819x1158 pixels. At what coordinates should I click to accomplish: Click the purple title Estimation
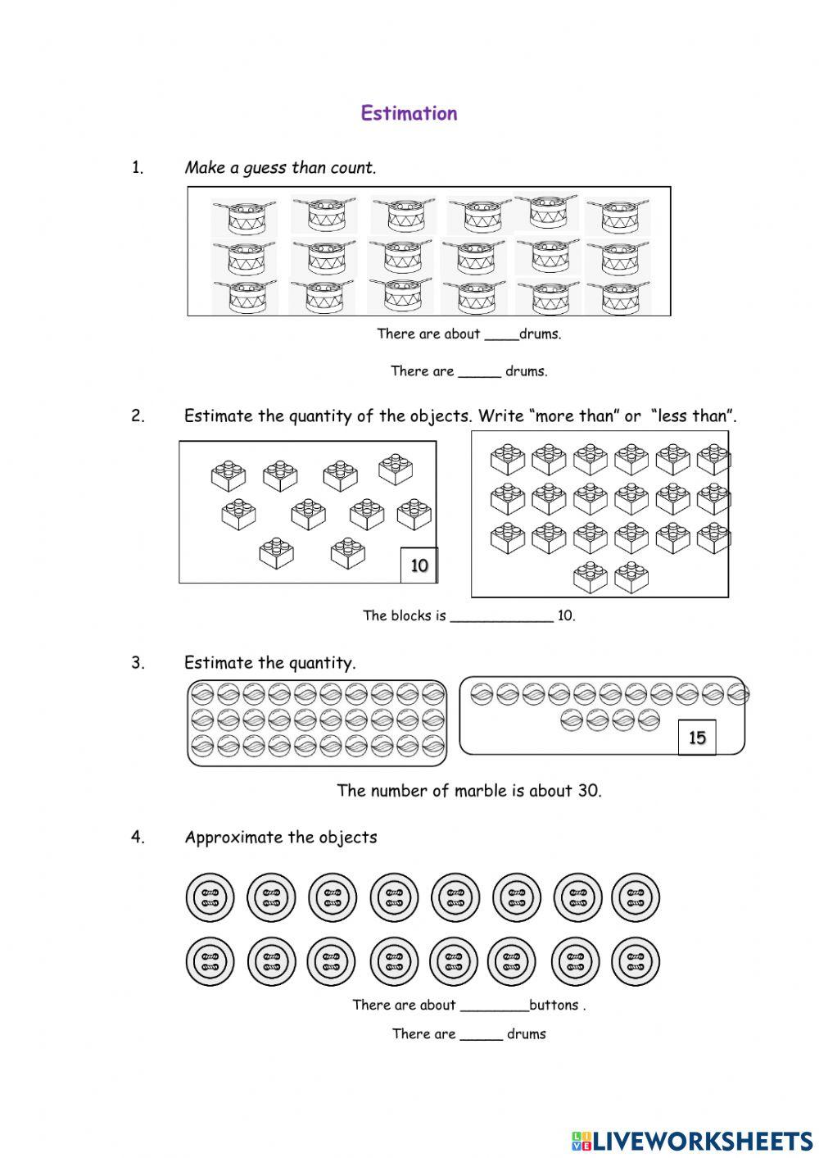tap(409, 113)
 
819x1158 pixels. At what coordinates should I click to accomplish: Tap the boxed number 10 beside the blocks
tap(419, 565)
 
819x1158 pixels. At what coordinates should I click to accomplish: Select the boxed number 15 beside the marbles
tap(697, 738)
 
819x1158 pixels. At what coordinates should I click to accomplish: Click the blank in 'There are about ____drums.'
tap(501, 334)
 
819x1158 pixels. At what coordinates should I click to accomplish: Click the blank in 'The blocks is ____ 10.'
tap(501, 616)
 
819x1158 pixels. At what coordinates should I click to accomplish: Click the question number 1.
tap(138, 168)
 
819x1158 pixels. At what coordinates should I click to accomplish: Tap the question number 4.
tap(138, 838)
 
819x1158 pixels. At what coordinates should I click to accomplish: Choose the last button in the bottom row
tap(635, 961)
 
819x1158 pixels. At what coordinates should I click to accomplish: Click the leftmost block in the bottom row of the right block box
tap(590, 578)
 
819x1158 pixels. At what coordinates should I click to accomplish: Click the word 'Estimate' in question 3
tap(219, 663)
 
